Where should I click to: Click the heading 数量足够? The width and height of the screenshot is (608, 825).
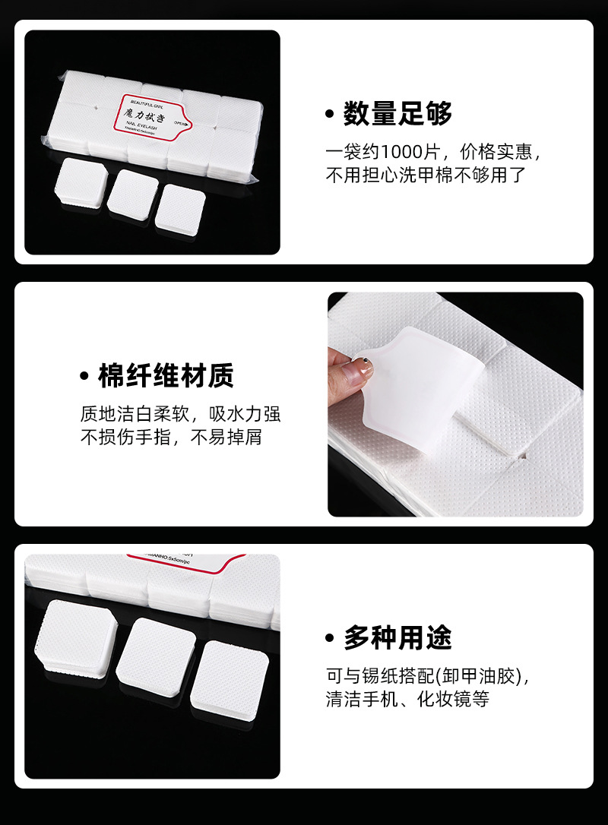tap(397, 113)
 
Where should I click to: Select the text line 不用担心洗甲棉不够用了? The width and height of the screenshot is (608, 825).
tap(426, 175)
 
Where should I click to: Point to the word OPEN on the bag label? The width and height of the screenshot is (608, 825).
tap(180, 122)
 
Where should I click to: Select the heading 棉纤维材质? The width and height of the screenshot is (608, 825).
tap(166, 375)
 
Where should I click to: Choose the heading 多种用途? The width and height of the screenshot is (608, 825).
tap(397, 637)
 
